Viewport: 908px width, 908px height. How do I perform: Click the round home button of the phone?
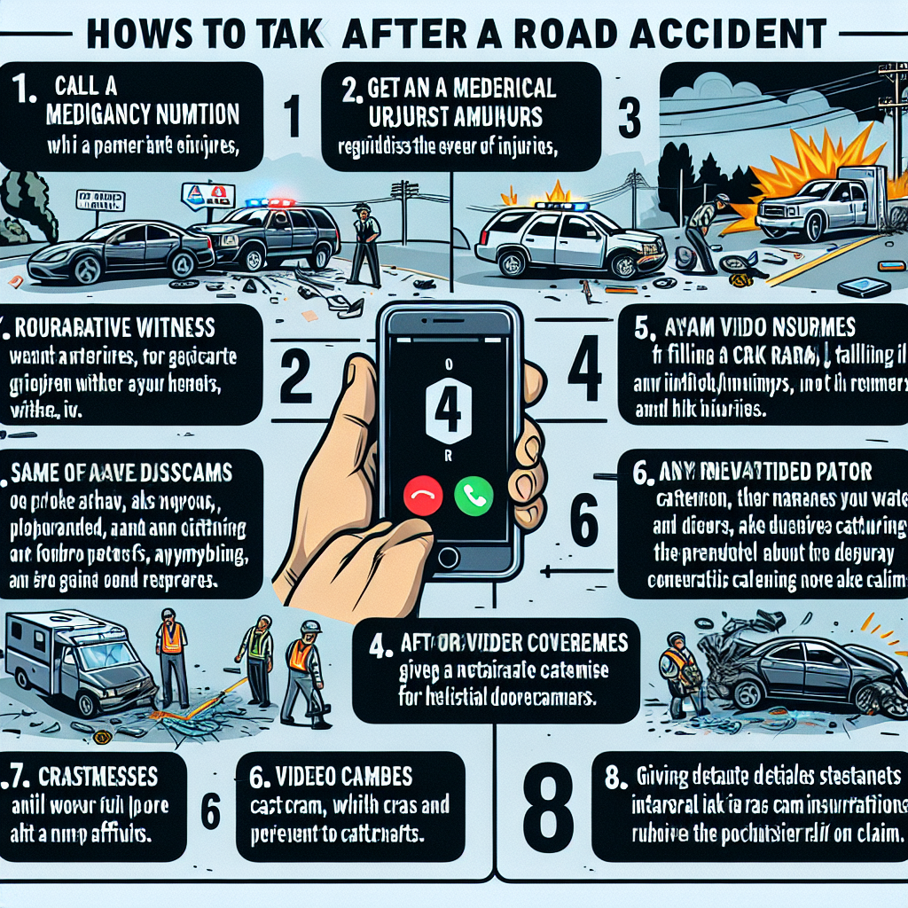(448, 556)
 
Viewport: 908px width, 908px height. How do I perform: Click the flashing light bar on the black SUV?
(270, 202)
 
